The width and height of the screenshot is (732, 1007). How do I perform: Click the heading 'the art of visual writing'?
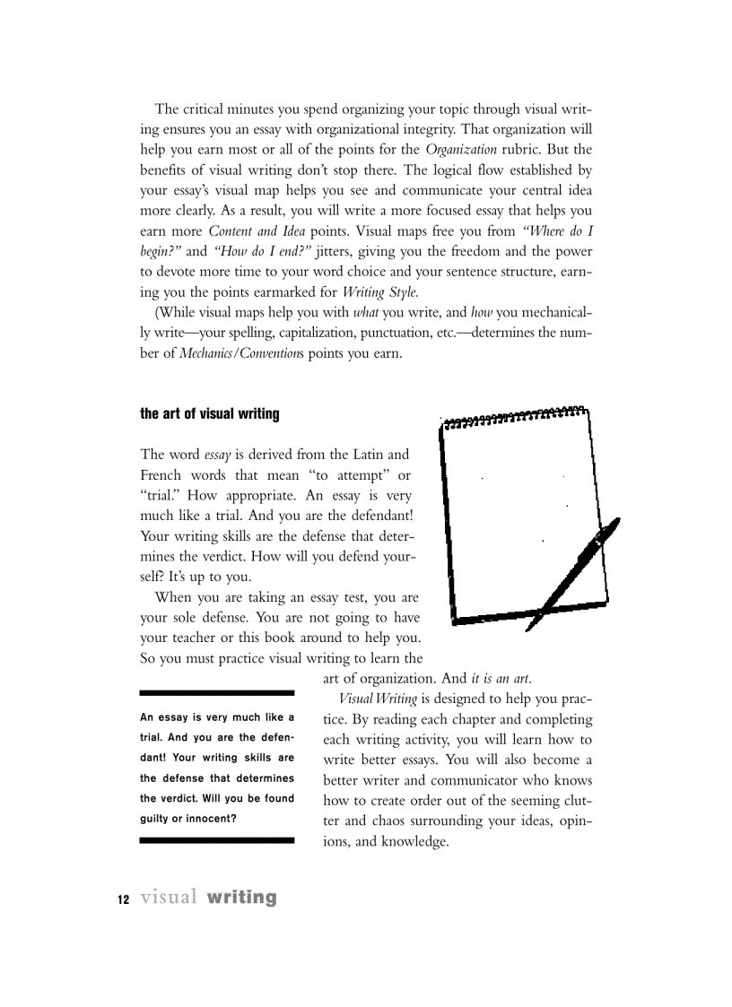tap(210, 414)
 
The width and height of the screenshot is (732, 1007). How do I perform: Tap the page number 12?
tap(124, 899)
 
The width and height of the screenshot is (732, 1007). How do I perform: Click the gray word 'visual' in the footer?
tap(169, 898)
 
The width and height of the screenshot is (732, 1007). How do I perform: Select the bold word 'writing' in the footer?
tap(240, 898)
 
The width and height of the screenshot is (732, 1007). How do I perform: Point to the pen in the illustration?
tap(574, 574)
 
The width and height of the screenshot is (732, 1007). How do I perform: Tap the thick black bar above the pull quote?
tap(217, 693)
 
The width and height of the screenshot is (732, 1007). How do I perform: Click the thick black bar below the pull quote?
tap(217, 840)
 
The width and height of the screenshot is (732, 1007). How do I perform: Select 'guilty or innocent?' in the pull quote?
tap(188, 818)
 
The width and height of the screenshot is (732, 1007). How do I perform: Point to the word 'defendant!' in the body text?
tap(376, 517)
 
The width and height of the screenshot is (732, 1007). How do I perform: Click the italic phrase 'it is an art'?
tap(508, 678)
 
